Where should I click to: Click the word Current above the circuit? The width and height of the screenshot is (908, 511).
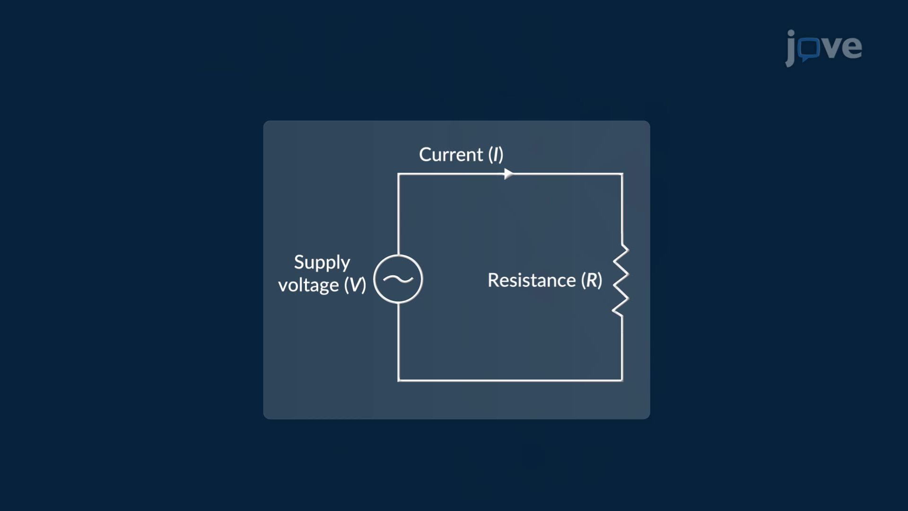[x=451, y=155]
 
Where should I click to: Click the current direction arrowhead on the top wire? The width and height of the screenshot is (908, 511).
[x=508, y=174]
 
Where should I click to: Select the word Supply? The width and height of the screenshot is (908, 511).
[x=322, y=263]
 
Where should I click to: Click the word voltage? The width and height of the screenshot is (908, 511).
[x=308, y=285]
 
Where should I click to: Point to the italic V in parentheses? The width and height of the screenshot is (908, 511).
[x=355, y=285]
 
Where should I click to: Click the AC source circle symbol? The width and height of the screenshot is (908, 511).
[x=398, y=255]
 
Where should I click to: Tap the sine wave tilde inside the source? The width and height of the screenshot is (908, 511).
[x=398, y=279]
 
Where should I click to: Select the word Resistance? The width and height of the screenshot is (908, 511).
[x=532, y=280]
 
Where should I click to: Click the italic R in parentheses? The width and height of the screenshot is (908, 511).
[x=592, y=280]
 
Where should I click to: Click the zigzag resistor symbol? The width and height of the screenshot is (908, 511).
[x=620, y=280]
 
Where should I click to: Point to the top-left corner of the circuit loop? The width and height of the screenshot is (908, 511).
[x=398, y=174]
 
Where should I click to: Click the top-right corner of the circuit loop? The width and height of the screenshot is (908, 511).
[x=622, y=174]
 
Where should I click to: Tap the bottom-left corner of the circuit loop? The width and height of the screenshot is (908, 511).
[x=398, y=380]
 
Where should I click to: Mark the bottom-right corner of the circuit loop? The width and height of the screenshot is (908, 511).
[x=622, y=380]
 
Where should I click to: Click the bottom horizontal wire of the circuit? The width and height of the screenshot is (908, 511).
[x=510, y=380]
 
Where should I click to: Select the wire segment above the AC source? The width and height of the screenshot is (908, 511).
[x=398, y=214]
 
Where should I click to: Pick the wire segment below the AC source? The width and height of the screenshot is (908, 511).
[x=398, y=342]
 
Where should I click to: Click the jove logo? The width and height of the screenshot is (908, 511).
[x=823, y=48]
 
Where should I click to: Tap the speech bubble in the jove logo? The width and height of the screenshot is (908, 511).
[x=810, y=49]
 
